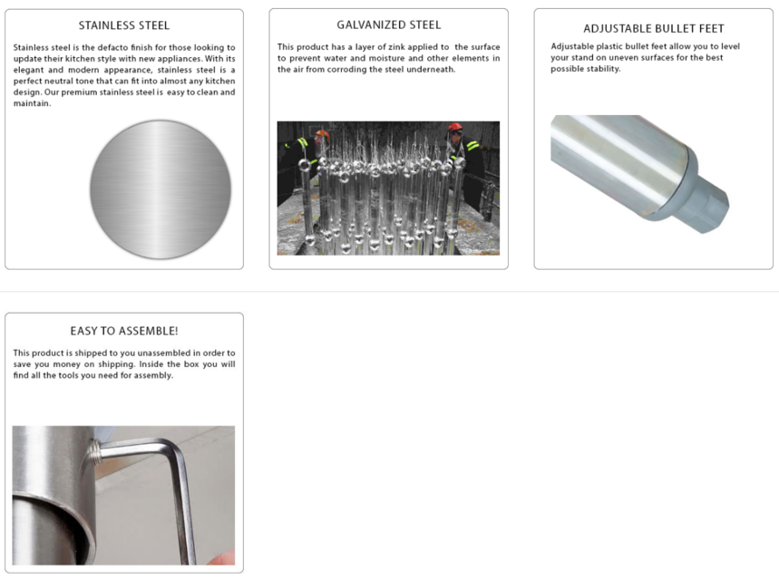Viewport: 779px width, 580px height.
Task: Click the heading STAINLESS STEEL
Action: pos(123,25)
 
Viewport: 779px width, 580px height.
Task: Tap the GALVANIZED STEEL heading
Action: pos(388,24)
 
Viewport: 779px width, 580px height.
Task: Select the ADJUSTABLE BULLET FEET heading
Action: pos(653,28)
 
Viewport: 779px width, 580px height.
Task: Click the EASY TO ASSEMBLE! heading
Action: pos(123,331)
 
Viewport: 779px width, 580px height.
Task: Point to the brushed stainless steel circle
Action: pos(161,189)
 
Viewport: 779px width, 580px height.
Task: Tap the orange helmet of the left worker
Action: pos(322,134)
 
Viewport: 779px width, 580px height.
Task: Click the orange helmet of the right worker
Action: pos(454,128)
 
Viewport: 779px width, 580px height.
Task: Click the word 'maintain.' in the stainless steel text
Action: pos(32,103)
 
